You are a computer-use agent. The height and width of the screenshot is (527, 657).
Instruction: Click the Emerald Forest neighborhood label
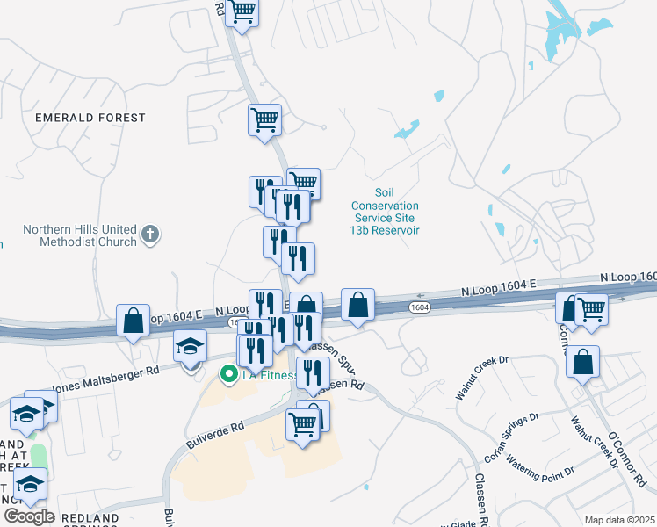click(90, 117)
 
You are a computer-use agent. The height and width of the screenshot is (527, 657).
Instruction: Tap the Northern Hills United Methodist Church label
click(80, 235)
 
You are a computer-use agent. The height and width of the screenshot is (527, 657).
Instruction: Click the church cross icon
click(150, 235)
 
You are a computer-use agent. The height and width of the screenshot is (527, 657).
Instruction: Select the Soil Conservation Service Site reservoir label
click(385, 211)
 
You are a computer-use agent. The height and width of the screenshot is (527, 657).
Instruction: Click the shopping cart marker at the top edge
click(242, 12)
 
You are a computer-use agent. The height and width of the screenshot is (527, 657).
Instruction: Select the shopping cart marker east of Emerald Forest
click(264, 119)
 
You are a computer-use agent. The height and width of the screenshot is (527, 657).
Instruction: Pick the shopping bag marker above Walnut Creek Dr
click(582, 361)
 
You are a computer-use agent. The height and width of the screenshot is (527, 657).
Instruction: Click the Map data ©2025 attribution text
click(619, 520)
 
